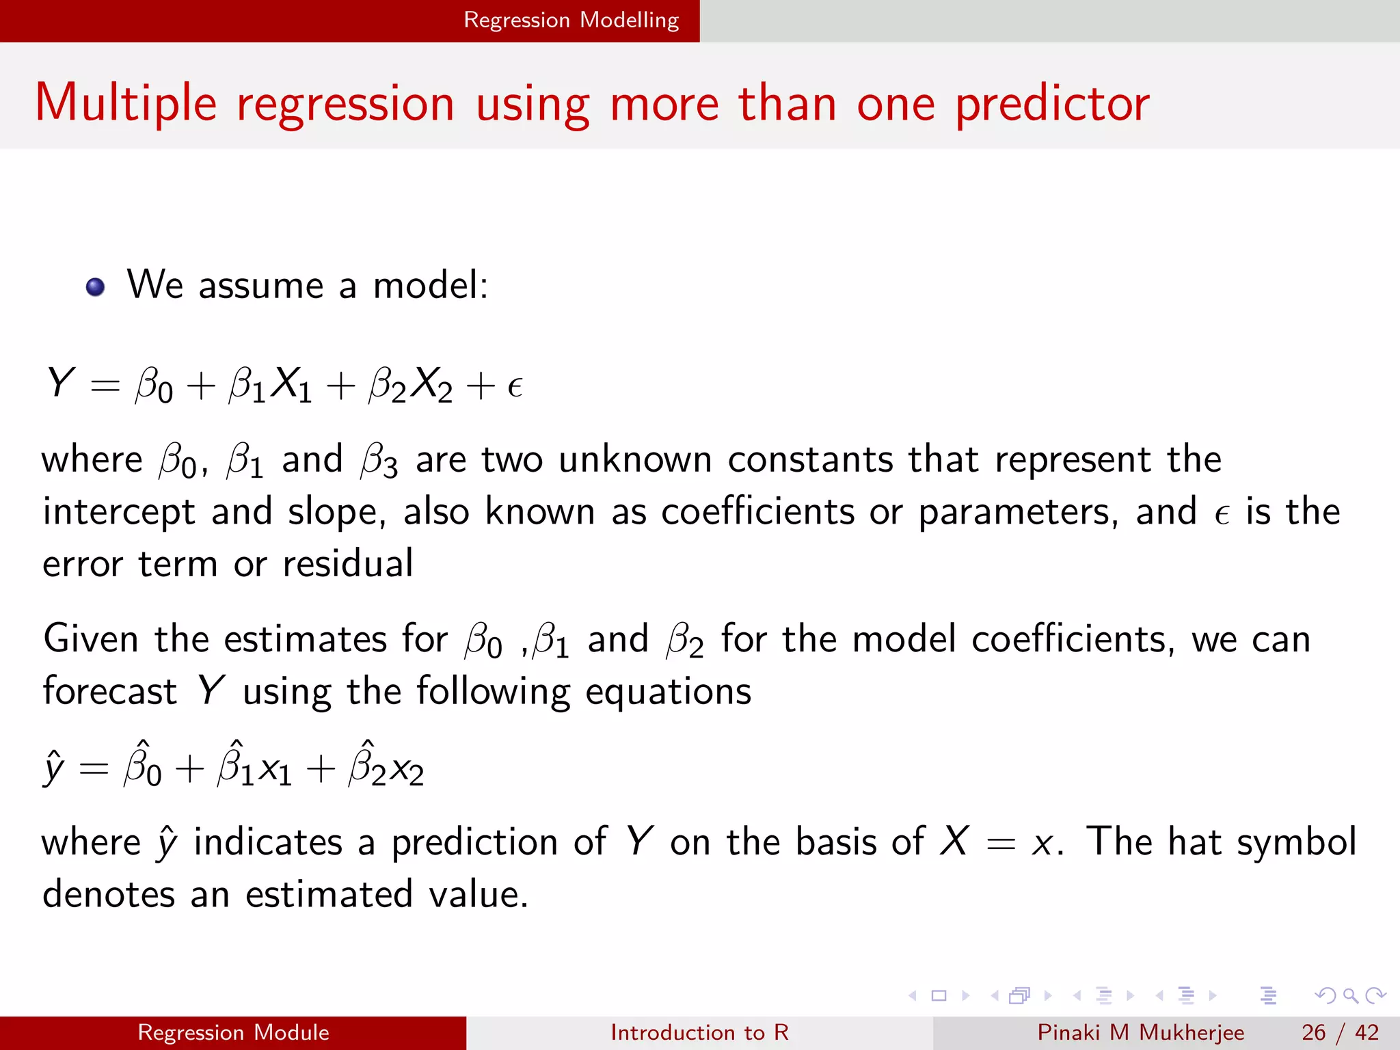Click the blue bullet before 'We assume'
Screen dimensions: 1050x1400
click(x=96, y=287)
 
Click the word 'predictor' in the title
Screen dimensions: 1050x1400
click(x=1052, y=104)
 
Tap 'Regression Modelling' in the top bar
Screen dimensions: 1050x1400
click(x=571, y=20)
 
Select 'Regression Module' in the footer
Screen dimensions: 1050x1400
click(x=233, y=1032)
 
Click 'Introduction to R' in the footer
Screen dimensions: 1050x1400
click(x=699, y=1032)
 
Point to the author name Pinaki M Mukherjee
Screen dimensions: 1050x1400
click(x=1140, y=1032)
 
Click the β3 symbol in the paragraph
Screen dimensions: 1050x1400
click(x=379, y=460)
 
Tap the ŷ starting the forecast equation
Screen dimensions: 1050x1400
click(x=54, y=768)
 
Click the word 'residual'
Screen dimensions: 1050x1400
click(x=347, y=564)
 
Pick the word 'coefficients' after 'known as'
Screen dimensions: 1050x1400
click(x=757, y=512)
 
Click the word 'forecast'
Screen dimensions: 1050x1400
click(x=109, y=691)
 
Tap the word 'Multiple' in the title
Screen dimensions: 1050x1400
click(x=126, y=104)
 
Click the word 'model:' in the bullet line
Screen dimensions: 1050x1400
click(x=431, y=285)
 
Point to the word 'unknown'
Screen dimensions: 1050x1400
click(x=635, y=459)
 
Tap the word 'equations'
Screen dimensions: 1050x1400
click(x=668, y=692)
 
